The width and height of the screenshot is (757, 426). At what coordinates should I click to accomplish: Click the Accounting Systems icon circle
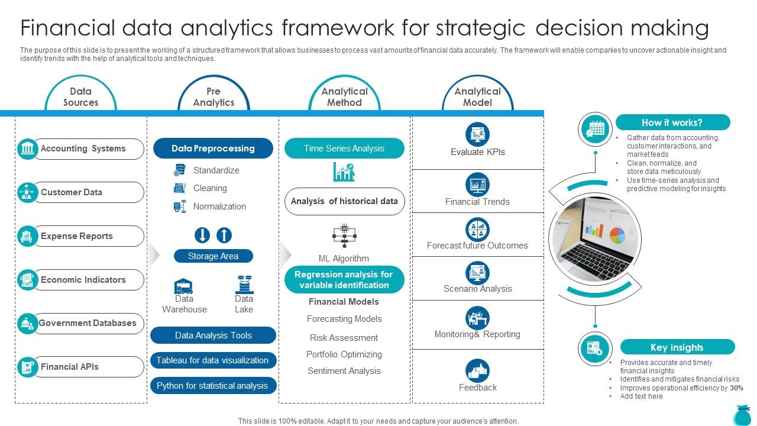coord(28,149)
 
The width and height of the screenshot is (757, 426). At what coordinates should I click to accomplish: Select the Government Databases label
coord(88,323)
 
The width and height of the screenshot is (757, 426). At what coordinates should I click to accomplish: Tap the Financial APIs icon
coord(28,367)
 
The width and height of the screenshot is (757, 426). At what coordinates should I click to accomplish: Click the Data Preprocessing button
coord(213,149)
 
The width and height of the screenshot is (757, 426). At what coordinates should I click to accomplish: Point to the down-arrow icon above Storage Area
coord(202,235)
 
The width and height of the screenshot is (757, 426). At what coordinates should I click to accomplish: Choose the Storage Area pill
coord(213,256)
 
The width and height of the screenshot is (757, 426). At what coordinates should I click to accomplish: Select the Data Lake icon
coord(244,285)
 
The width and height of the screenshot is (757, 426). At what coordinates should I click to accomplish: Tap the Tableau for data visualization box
coord(213,360)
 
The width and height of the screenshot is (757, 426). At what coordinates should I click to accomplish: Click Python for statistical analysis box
coord(213,386)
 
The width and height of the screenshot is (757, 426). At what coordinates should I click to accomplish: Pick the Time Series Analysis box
coord(344,149)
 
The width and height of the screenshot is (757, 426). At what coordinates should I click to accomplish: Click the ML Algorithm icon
coord(344,235)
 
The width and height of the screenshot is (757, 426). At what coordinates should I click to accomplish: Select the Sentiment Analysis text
coord(344,371)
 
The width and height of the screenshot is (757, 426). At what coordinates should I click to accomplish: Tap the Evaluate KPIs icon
coord(477,134)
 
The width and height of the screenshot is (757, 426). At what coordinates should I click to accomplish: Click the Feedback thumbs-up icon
coord(477,371)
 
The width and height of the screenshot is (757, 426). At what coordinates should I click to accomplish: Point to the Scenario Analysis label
coord(478,289)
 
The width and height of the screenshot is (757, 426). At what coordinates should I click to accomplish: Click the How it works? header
coord(672,122)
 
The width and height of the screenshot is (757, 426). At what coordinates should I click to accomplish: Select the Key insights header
coord(677,347)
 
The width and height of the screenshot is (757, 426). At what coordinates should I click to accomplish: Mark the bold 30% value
coord(736,388)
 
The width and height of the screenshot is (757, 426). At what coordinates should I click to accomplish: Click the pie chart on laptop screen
coord(617,235)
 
